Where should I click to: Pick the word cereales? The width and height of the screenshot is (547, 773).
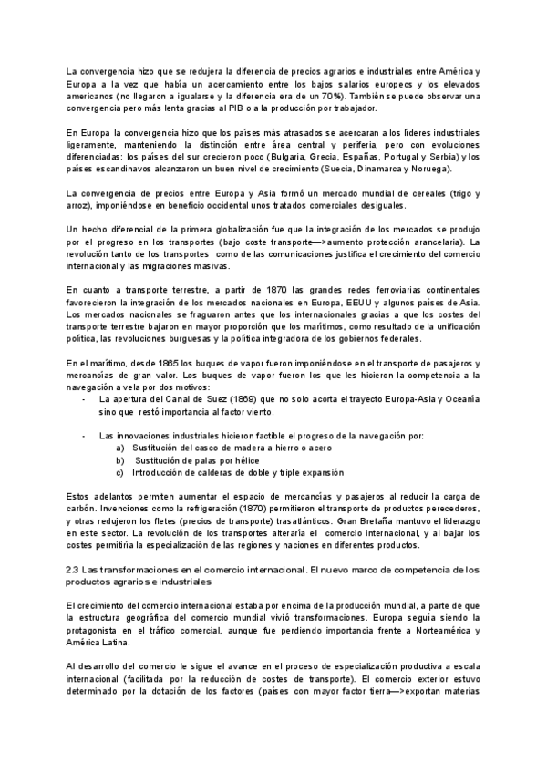(x=417, y=193)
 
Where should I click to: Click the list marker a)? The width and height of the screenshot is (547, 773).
(x=120, y=448)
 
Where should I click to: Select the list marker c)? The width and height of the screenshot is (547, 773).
(x=120, y=472)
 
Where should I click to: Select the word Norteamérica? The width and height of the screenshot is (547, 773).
(x=431, y=630)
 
